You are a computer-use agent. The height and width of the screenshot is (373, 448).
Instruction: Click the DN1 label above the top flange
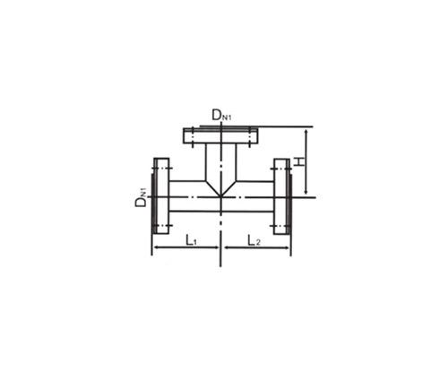click(x=221, y=116)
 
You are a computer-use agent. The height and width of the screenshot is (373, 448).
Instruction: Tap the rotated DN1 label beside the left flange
click(x=141, y=197)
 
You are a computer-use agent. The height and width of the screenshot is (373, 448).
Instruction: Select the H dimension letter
click(x=299, y=161)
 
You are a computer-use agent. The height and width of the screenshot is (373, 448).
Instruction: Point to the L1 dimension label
click(x=191, y=240)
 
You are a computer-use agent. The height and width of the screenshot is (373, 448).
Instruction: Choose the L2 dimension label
click(x=254, y=240)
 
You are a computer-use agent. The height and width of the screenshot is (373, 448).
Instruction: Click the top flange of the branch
click(x=220, y=135)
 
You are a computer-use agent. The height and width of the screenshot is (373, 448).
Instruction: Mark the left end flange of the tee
click(x=161, y=196)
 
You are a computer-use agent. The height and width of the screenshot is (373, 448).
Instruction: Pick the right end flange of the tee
click(x=281, y=196)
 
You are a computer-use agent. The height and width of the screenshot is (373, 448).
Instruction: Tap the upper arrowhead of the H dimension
click(x=306, y=132)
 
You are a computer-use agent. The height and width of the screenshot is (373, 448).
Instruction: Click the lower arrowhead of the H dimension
click(x=306, y=191)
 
